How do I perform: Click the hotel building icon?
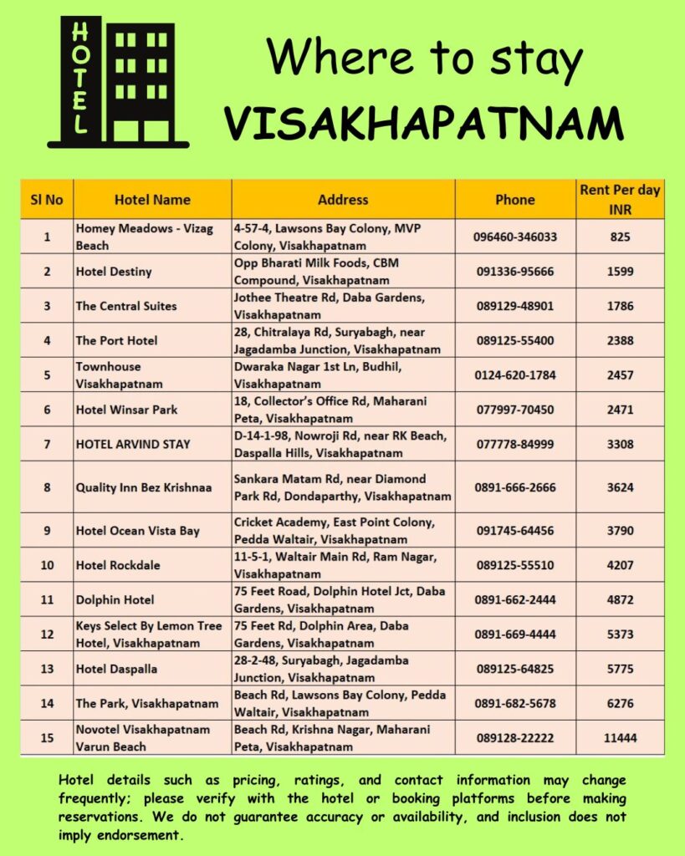pyautogui.click(x=118, y=82)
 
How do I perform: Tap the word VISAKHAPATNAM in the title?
pyautogui.click(x=424, y=124)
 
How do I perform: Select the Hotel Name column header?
pyautogui.click(x=152, y=200)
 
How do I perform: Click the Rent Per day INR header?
pyautogui.click(x=620, y=200)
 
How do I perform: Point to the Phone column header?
pyautogui.click(x=514, y=200)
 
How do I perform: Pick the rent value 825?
pyautogui.click(x=620, y=237)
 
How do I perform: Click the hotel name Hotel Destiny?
pyautogui.click(x=114, y=272)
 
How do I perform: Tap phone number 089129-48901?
pyautogui.click(x=514, y=306)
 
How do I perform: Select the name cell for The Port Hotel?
pyautogui.click(x=116, y=340)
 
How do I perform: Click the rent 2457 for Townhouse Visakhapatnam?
pyautogui.click(x=620, y=375)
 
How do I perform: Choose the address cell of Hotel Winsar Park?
pyautogui.click(x=343, y=410)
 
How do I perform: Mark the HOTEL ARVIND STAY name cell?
pyautogui.click(x=133, y=444)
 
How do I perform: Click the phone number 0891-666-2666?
pyautogui.click(x=514, y=487)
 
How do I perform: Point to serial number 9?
pyautogui.click(x=47, y=530)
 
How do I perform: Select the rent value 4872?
pyautogui.click(x=620, y=599)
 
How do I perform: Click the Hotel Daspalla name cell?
pyautogui.click(x=116, y=669)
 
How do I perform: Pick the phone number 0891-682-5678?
pyautogui.click(x=514, y=703)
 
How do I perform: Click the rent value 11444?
pyautogui.click(x=620, y=738)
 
